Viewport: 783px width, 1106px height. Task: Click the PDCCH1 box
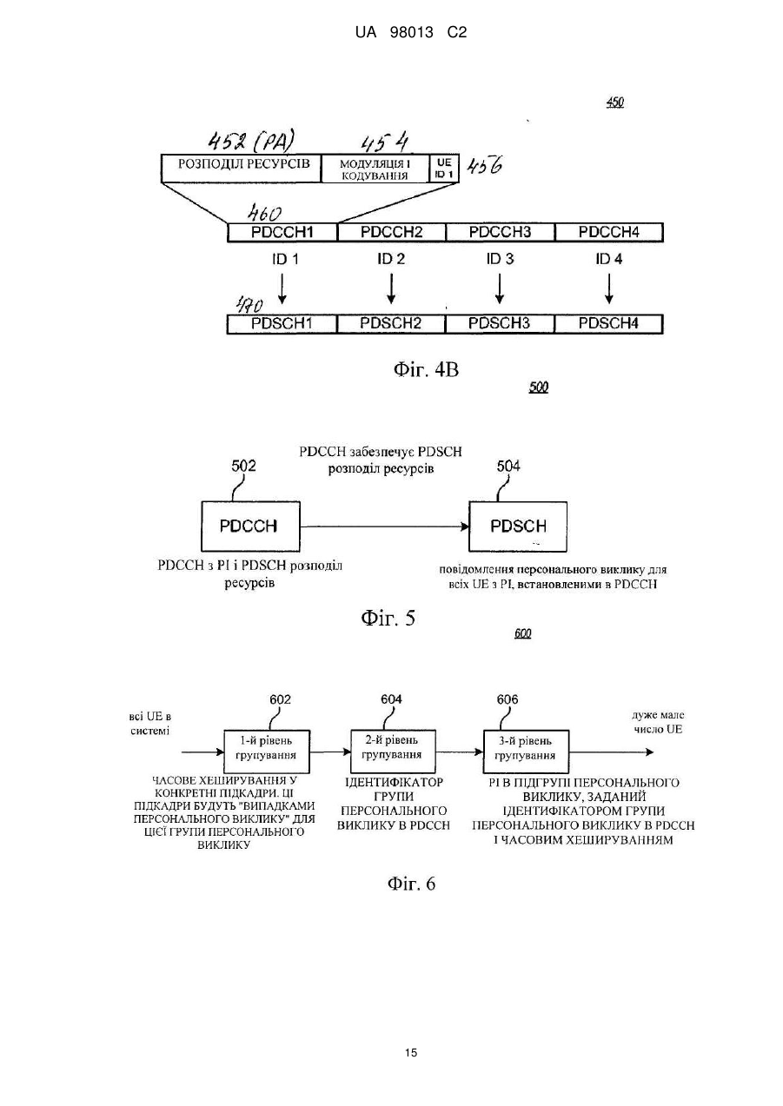coord(282,232)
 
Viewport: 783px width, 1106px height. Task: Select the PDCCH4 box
coord(609,232)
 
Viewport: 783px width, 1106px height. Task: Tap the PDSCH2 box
coord(391,324)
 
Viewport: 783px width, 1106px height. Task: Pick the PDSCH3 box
coord(500,324)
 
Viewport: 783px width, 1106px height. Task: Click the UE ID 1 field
coord(444,169)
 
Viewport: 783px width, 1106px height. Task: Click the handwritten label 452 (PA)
coord(251,142)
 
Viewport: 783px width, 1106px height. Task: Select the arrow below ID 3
coord(500,288)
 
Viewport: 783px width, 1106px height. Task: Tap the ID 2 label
coord(391,259)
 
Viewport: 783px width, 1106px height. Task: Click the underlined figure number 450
coord(615,103)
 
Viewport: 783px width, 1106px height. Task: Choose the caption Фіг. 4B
coord(426,369)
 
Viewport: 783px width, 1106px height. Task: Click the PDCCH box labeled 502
coord(250,527)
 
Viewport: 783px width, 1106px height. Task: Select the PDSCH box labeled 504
coord(518,527)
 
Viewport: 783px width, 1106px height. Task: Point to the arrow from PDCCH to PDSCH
coord(385,527)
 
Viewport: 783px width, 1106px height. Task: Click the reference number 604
coord(391,699)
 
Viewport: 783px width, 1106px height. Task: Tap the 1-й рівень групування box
coord(267,752)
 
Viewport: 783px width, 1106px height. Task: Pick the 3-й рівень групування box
coord(526,752)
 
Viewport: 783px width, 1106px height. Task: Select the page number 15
coord(411,1053)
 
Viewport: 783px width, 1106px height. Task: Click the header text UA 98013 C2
coord(411,33)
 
